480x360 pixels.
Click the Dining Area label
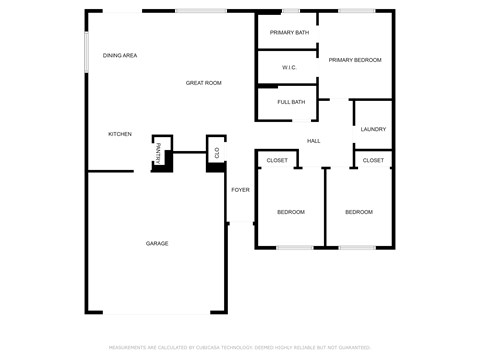pos(120,56)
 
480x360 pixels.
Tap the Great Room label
pos(204,83)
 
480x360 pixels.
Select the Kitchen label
pos(120,134)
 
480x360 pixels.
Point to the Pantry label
pos(158,152)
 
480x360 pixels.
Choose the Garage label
pos(157,244)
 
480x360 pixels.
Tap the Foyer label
pos(240,190)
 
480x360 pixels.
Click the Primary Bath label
pos(289,33)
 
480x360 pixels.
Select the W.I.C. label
pos(289,68)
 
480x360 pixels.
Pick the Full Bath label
pos(291,102)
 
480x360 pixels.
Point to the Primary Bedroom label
pos(355,60)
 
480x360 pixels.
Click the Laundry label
pos(373,129)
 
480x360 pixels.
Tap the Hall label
pos(313,141)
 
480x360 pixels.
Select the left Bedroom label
pos(291,212)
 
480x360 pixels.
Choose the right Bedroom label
pos(359,212)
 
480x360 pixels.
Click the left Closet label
pos(277,160)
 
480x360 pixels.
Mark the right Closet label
pos(373,160)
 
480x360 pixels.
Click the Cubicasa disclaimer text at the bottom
pos(240,347)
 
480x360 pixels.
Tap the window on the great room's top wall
pos(200,11)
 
